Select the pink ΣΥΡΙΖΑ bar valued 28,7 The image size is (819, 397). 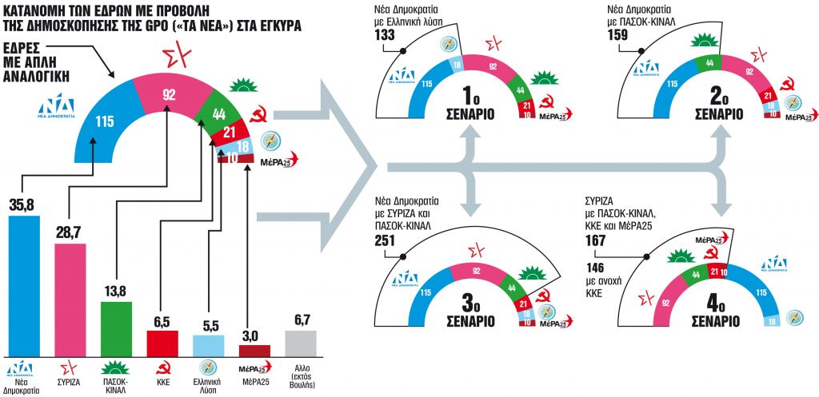point(70,299)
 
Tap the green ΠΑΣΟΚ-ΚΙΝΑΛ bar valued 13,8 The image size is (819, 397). point(116,328)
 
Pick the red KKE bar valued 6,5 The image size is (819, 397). point(162,342)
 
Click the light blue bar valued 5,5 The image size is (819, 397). point(209,344)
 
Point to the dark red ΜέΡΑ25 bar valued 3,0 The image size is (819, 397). point(255,349)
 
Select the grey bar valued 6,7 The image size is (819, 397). point(301,342)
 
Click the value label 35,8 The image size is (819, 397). point(23,205)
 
